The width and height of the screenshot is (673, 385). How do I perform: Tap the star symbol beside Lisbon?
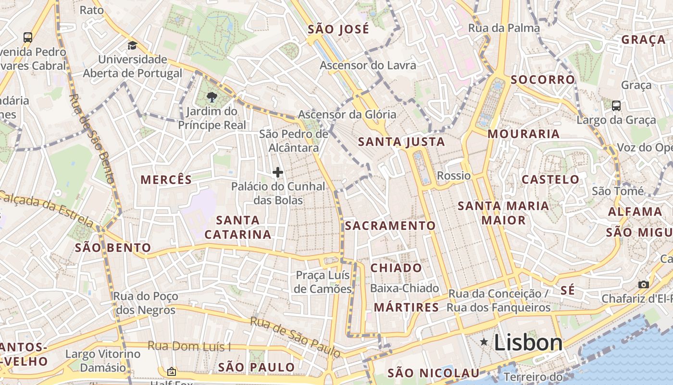(484, 342)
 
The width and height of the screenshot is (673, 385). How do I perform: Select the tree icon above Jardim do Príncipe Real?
(212, 97)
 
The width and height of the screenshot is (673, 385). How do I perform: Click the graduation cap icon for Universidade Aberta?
(132, 45)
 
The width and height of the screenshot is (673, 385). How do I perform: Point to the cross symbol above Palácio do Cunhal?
(277, 172)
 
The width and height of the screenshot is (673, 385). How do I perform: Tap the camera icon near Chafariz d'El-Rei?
(643, 284)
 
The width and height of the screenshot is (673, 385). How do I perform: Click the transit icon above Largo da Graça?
(616, 105)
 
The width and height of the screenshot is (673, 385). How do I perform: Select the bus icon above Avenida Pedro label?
(28, 37)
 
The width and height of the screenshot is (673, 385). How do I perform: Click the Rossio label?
(453, 176)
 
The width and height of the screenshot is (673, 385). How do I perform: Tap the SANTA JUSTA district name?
(401, 142)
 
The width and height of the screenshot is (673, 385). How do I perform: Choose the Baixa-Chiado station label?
(404, 288)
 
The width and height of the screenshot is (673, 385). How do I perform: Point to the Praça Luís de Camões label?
(323, 282)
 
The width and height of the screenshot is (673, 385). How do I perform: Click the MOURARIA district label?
(523, 134)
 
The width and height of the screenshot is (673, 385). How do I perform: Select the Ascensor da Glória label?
(347, 115)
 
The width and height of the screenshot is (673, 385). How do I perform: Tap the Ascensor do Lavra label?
(368, 65)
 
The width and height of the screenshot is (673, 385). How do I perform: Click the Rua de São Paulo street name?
(295, 337)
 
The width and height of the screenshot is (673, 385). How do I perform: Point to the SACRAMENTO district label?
(390, 226)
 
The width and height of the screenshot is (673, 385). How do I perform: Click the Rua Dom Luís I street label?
(189, 346)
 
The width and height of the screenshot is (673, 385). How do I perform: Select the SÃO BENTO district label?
(113, 248)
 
